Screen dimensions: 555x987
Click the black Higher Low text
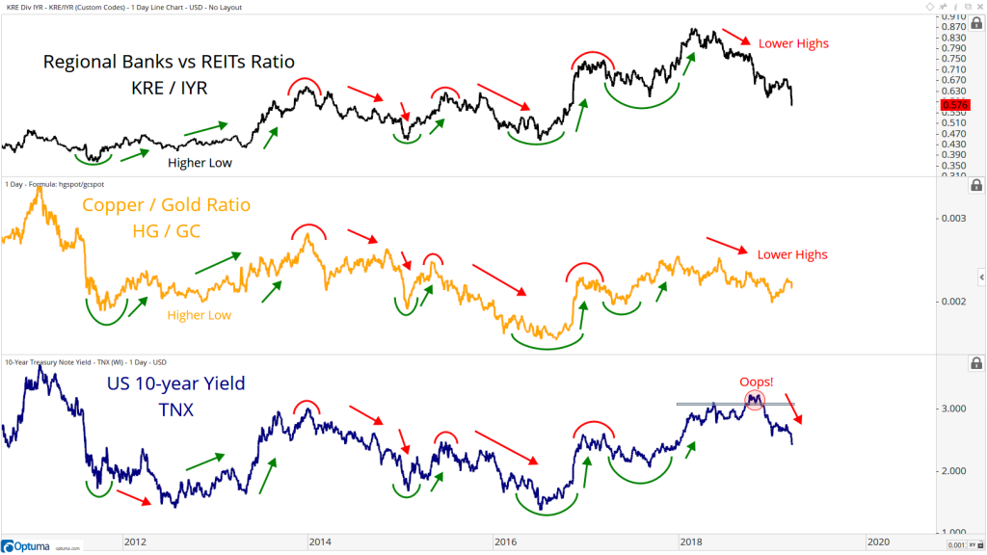pos(200,163)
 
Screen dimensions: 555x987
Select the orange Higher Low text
pos(200,315)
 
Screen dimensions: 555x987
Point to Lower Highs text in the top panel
pos(793,43)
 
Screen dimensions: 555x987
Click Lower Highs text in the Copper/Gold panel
pos(792,254)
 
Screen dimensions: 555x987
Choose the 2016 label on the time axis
pos(506,542)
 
